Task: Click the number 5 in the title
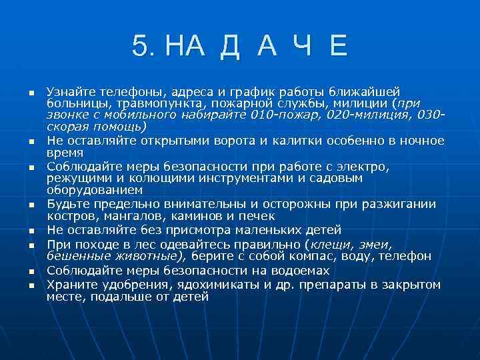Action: click(x=139, y=47)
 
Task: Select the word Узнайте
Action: click(x=71, y=91)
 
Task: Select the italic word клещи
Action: click(x=329, y=244)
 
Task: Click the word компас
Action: click(x=303, y=256)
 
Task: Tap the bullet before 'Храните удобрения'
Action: click(x=31, y=286)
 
